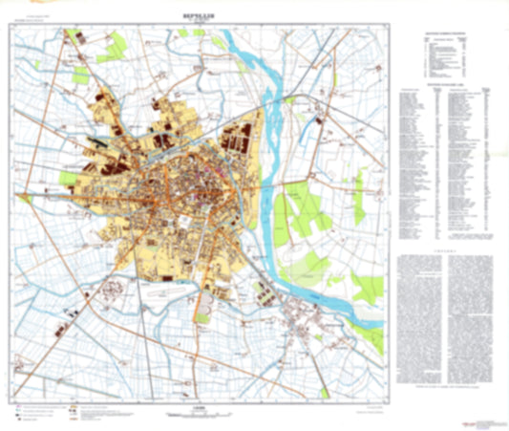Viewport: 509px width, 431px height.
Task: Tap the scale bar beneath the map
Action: tap(198, 410)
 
